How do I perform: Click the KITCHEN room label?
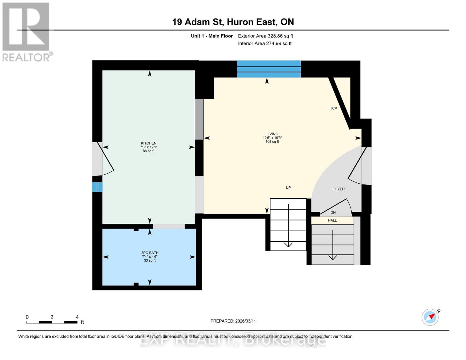[149, 143]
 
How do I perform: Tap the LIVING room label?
[272, 134]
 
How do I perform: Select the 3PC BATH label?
[150, 253]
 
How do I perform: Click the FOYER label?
[338, 189]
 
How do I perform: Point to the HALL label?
[332, 220]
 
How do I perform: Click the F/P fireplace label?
[334, 109]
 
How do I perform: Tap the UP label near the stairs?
[288, 188]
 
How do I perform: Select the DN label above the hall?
[333, 212]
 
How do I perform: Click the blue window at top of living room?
[269, 69]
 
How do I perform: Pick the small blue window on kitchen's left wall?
[97, 187]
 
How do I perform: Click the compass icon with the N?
[430, 317]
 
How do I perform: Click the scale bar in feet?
[52, 322]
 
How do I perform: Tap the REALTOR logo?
[26, 31]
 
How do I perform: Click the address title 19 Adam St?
[233, 22]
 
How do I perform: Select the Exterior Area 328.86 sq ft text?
[265, 36]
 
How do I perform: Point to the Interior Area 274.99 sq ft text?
[265, 43]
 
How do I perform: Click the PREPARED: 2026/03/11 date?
[233, 321]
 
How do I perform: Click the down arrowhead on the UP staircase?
[288, 244]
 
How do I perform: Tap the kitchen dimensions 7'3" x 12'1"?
[149, 147]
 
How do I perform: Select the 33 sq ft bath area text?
[150, 260]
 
